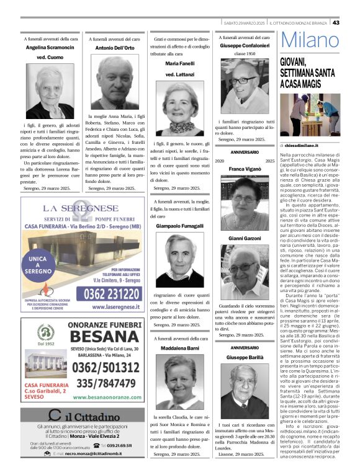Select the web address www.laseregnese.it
click(x=113, y=306)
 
